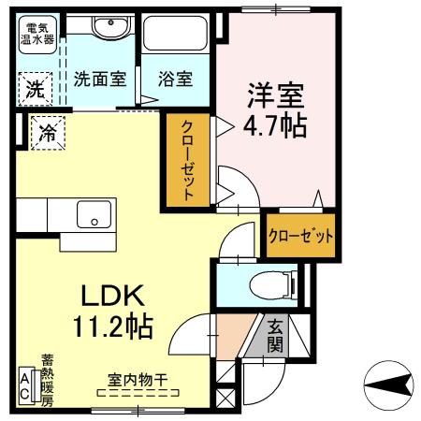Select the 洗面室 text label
pyautogui.click(x=100, y=80)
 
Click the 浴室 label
pyautogui.click(x=176, y=80)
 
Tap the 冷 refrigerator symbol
pyautogui.click(x=47, y=133)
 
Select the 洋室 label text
pyautogui.click(x=276, y=94)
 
